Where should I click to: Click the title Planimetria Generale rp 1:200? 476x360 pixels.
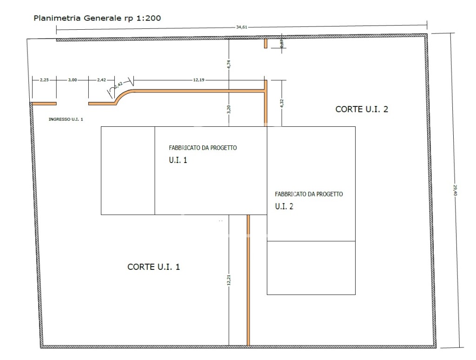[97, 18]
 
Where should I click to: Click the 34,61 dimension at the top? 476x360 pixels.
[242, 27]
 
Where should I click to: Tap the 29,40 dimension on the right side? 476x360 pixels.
[455, 190]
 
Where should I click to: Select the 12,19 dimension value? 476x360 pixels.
[198, 80]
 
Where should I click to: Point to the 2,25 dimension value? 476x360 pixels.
[44, 80]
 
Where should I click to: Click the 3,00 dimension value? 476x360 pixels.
[72, 80]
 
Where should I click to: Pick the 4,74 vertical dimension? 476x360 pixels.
[229, 64]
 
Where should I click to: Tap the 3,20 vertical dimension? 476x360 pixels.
[229, 109]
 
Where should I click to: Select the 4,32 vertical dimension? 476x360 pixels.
[282, 103]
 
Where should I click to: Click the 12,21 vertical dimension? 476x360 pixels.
[229, 280]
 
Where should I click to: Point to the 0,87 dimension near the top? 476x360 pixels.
[282, 44]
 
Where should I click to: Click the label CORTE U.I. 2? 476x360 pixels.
[362, 109]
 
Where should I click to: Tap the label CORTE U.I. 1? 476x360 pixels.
[153, 267]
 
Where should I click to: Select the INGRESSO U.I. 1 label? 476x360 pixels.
[66, 119]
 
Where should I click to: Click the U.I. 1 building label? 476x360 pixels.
[178, 160]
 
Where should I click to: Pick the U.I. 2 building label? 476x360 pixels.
[284, 206]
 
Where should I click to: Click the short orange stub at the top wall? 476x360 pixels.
[265, 43]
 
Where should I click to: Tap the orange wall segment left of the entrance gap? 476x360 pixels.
[44, 104]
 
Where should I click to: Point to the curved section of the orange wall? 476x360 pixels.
[123, 95]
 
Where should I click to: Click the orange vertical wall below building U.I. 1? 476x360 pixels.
[248, 280]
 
